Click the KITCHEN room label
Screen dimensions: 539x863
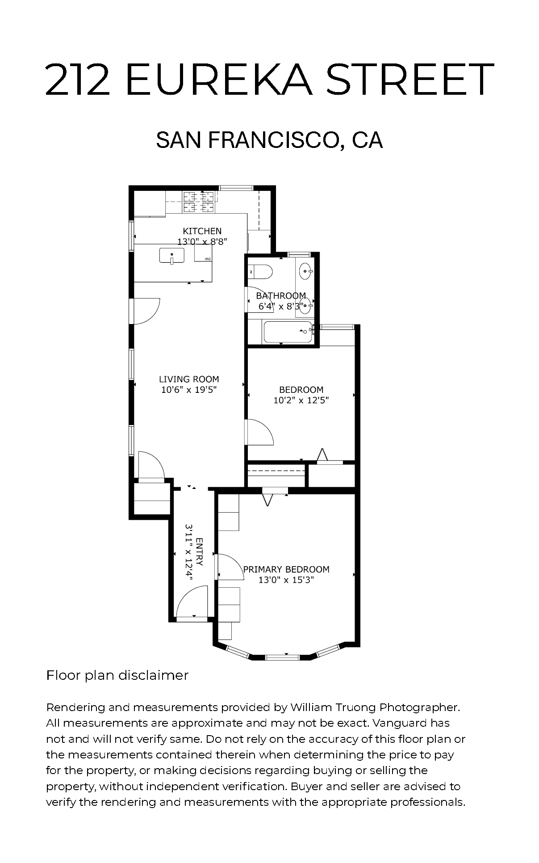click(202, 231)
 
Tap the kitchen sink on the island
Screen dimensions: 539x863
click(172, 256)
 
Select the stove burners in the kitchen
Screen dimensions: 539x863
click(199, 202)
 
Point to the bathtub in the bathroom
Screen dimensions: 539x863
click(288, 332)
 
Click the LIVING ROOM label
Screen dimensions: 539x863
click(189, 379)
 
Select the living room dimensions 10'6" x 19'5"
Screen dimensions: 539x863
click(189, 390)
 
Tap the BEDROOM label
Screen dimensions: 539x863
click(301, 390)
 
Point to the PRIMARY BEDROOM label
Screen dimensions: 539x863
click(286, 569)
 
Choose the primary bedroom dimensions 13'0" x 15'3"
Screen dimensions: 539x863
click(286, 580)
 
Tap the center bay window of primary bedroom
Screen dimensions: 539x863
click(282, 657)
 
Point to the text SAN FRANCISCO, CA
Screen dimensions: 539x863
click(269, 139)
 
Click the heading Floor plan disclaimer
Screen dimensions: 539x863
click(117, 675)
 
